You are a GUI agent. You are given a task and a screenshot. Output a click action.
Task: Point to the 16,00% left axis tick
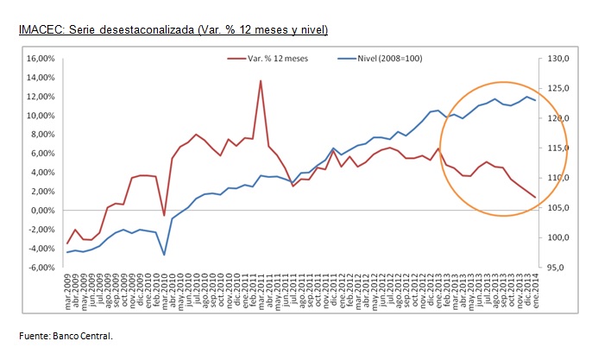(41, 59)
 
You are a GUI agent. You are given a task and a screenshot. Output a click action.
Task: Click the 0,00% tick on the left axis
(43, 211)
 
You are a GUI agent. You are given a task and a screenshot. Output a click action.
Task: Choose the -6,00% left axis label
(42, 268)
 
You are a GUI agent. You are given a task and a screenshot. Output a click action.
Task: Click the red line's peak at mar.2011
(261, 81)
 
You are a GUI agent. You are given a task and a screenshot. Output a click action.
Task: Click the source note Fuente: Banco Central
(66, 336)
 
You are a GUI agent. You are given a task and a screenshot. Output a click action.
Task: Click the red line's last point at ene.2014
(535, 198)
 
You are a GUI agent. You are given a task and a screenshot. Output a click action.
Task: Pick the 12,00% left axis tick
(41, 97)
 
